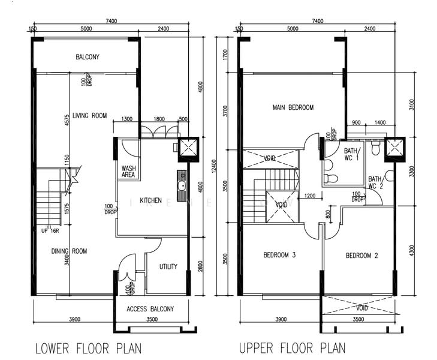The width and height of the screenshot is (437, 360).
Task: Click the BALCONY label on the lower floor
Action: click(88, 58)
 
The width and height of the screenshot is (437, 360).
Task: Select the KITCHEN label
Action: click(150, 200)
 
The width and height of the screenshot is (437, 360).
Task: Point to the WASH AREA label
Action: click(128, 172)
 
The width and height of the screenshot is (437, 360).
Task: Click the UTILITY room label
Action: click(168, 266)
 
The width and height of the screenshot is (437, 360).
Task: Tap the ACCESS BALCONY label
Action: click(150, 309)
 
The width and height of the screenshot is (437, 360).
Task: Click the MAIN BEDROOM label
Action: click(293, 108)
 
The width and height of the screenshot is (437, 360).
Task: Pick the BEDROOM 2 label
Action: click(362, 256)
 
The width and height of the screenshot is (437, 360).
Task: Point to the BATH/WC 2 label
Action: click(375, 182)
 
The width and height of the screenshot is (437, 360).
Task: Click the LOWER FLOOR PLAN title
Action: click(89, 348)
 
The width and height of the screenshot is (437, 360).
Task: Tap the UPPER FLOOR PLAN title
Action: click(292, 348)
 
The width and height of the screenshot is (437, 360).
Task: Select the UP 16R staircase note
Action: click(49, 230)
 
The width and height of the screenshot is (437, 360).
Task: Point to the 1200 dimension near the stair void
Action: click(309, 196)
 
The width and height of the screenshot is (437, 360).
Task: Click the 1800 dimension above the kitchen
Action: click(159, 119)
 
